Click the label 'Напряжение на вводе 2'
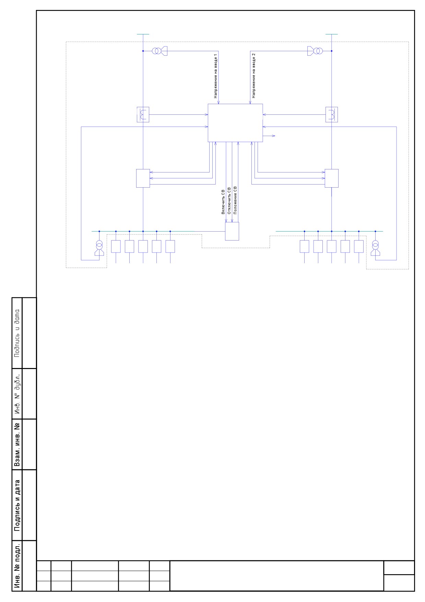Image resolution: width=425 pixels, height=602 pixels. (253, 76)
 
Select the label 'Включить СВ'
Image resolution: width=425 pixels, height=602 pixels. (223, 202)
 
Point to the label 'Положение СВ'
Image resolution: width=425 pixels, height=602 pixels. (235, 201)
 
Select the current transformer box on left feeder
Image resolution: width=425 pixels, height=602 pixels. (143, 114)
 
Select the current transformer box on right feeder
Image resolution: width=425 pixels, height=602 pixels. (332, 114)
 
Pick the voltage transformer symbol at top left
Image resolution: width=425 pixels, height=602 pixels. (160, 51)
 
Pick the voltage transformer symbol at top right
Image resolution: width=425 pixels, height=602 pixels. (315, 51)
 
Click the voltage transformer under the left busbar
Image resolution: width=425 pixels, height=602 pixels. (99, 249)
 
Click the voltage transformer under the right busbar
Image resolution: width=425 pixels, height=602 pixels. (375, 249)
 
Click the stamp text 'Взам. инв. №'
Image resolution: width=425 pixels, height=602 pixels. (17, 444)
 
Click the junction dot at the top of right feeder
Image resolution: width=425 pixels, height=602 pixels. (332, 51)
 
